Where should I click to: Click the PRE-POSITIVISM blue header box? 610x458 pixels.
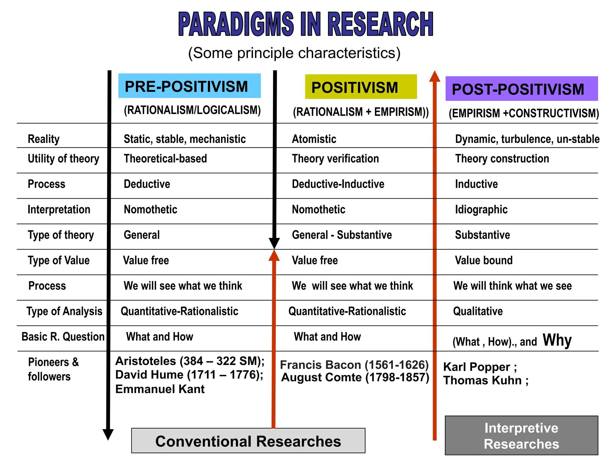coord(189,86)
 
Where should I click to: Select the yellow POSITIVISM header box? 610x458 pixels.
coord(361,87)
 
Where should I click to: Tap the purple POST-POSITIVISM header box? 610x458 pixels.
coord(521,89)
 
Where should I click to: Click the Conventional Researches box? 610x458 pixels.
coord(248,441)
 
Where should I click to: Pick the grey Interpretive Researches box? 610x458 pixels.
coord(521,435)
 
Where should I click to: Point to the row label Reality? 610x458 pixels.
coord(43,139)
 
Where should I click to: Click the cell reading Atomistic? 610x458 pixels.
coord(314,139)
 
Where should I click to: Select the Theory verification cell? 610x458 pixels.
coord(335,159)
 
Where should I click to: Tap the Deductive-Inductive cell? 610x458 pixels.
coord(338,184)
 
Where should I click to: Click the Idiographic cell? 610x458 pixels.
coord(481,210)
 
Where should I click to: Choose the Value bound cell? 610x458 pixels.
coord(484,260)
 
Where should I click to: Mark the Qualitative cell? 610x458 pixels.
coord(478,311)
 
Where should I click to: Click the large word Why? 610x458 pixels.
coord(557,340)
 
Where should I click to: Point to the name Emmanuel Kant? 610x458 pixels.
coord(160,389)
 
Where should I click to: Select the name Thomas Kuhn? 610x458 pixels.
coord(483,380)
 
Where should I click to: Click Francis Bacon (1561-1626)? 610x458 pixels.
coord(354,365)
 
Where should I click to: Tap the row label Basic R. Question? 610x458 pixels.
coord(63,337)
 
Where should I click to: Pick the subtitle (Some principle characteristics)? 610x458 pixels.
coord(294,53)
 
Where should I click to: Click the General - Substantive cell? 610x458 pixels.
coord(342,235)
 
